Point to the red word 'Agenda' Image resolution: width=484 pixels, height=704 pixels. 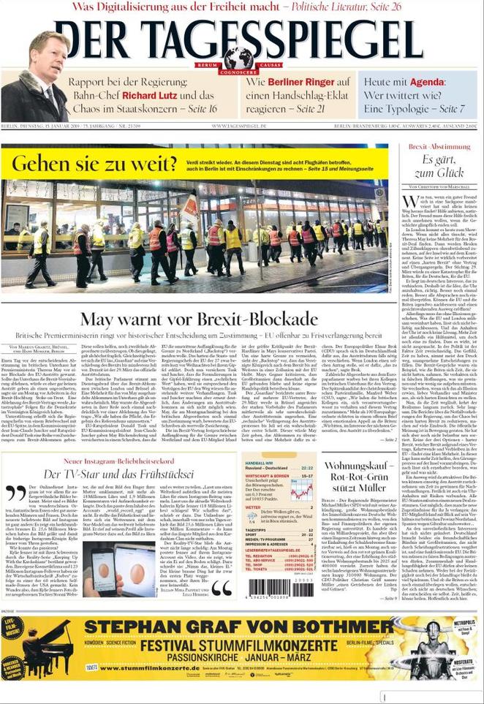click(x=426, y=81)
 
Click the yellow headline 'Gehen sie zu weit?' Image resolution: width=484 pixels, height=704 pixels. click(x=94, y=163)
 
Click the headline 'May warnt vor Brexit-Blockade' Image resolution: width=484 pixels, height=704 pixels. click(x=198, y=319)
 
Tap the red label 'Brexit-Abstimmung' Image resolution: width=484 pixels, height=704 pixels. click(x=439, y=147)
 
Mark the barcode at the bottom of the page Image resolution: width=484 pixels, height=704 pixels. click(x=271, y=587)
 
